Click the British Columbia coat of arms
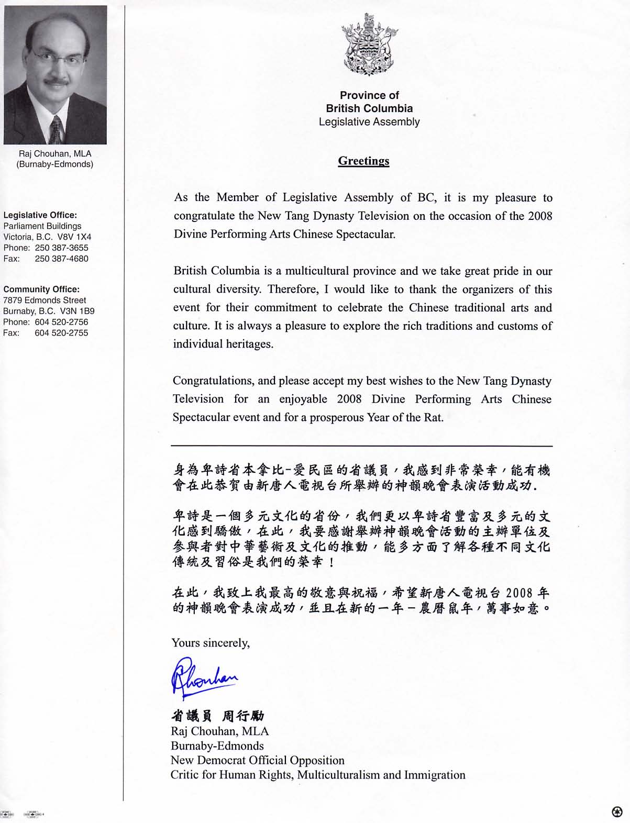(x=369, y=46)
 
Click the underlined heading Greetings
(x=363, y=161)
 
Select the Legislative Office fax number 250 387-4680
(x=61, y=259)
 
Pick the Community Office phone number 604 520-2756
(x=61, y=322)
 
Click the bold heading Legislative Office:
(x=40, y=215)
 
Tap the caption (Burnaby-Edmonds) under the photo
(x=55, y=164)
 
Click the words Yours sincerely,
(x=211, y=643)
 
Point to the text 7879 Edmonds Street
(x=45, y=300)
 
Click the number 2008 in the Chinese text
(x=520, y=593)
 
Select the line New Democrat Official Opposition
(x=258, y=760)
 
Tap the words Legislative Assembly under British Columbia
(x=369, y=122)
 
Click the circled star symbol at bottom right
(x=617, y=811)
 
